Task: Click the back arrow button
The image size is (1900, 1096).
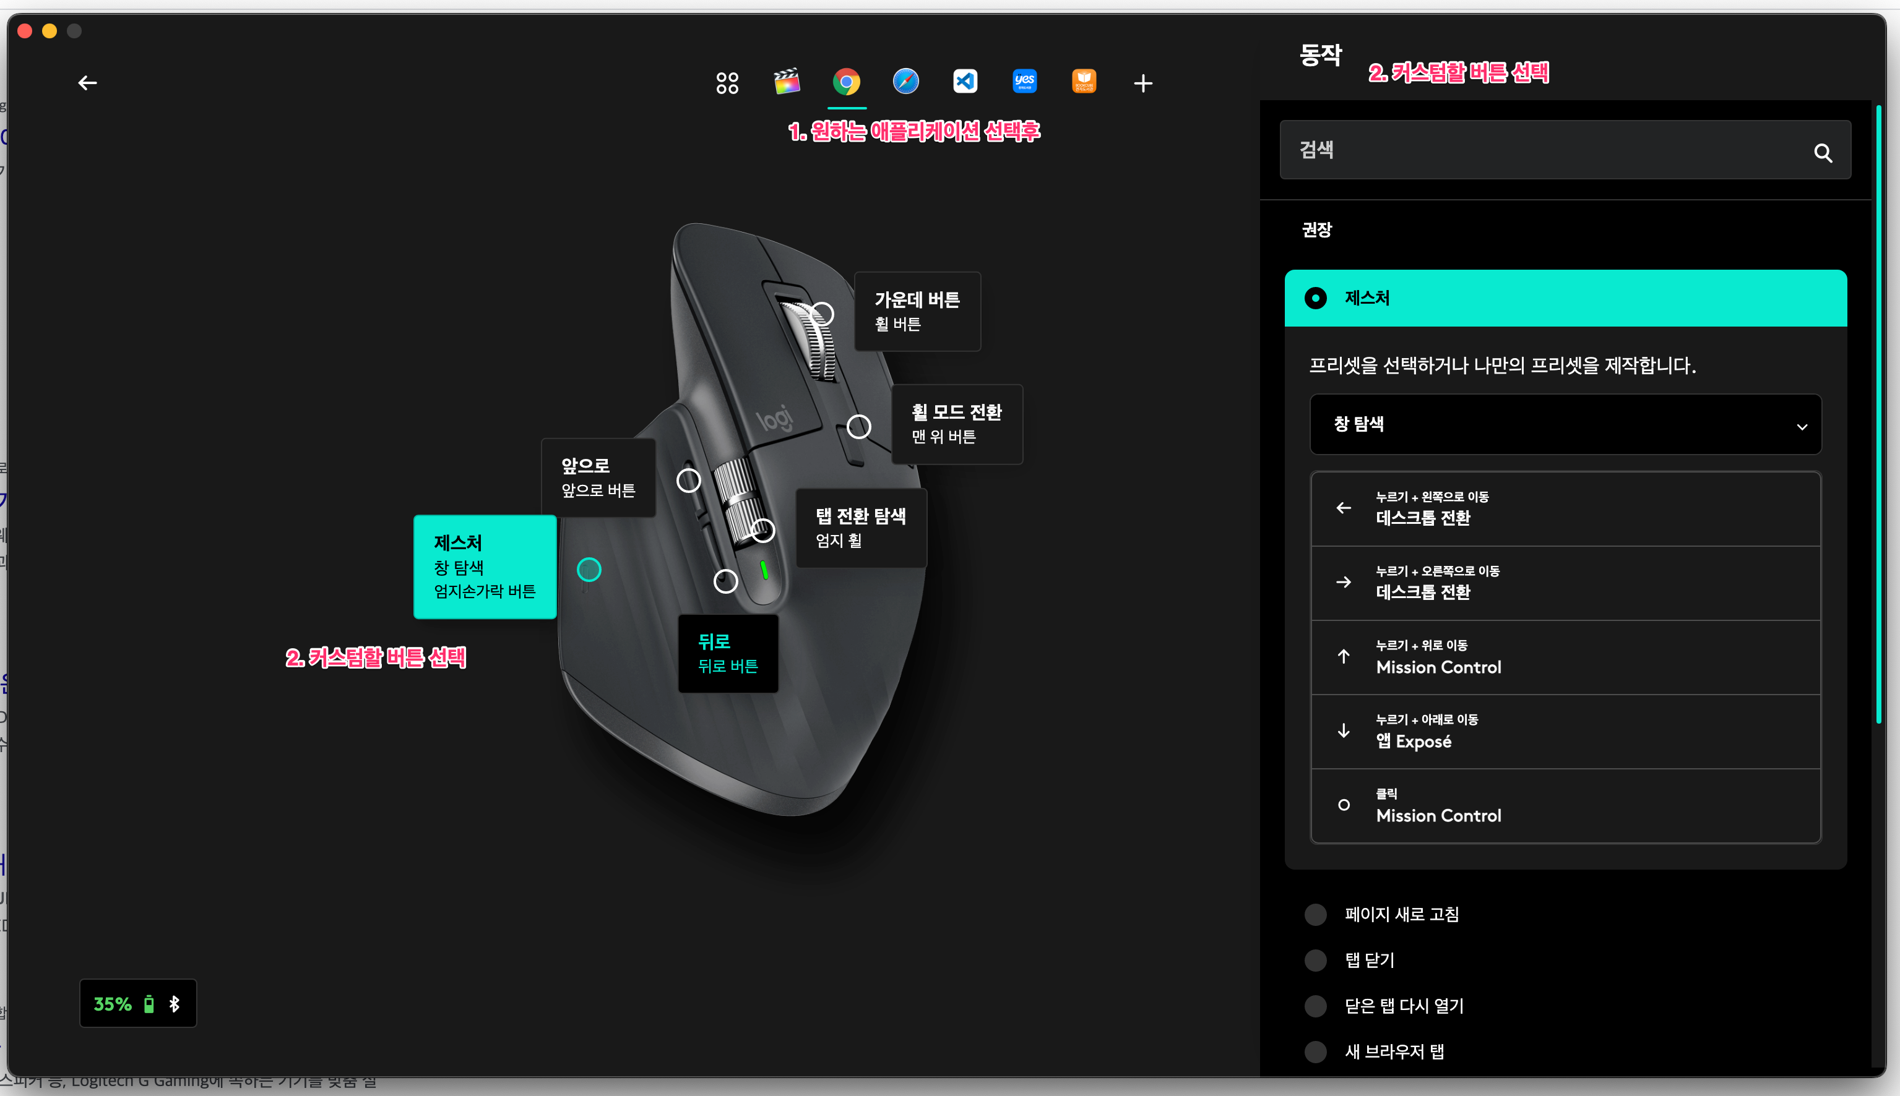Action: [87, 83]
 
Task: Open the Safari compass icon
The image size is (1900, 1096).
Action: [905, 81]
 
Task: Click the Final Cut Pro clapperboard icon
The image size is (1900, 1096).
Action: [787, 81]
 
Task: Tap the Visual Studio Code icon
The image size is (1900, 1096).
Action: [965, 81]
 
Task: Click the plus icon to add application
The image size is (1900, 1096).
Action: [1142, 83]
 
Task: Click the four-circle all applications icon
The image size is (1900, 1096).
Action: [727, 83]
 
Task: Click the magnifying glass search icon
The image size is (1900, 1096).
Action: [1823, 153]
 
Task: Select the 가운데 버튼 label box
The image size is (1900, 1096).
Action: [917, 311]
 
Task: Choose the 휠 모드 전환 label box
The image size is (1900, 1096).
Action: [956, 424]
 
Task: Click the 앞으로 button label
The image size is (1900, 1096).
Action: [598, 477]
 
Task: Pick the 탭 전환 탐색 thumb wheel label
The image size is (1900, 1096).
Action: [861, 527]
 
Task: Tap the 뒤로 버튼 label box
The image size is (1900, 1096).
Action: [727, 653]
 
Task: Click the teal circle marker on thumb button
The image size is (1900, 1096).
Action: [589, 570]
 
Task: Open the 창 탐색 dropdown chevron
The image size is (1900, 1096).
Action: [1802, 427]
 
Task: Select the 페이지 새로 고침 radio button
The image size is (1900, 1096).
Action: [1316, 915]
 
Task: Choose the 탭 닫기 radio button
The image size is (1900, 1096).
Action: [1316, 961]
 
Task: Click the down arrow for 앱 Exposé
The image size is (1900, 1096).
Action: [1344, 731]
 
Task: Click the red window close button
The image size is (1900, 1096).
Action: [25, 31]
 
